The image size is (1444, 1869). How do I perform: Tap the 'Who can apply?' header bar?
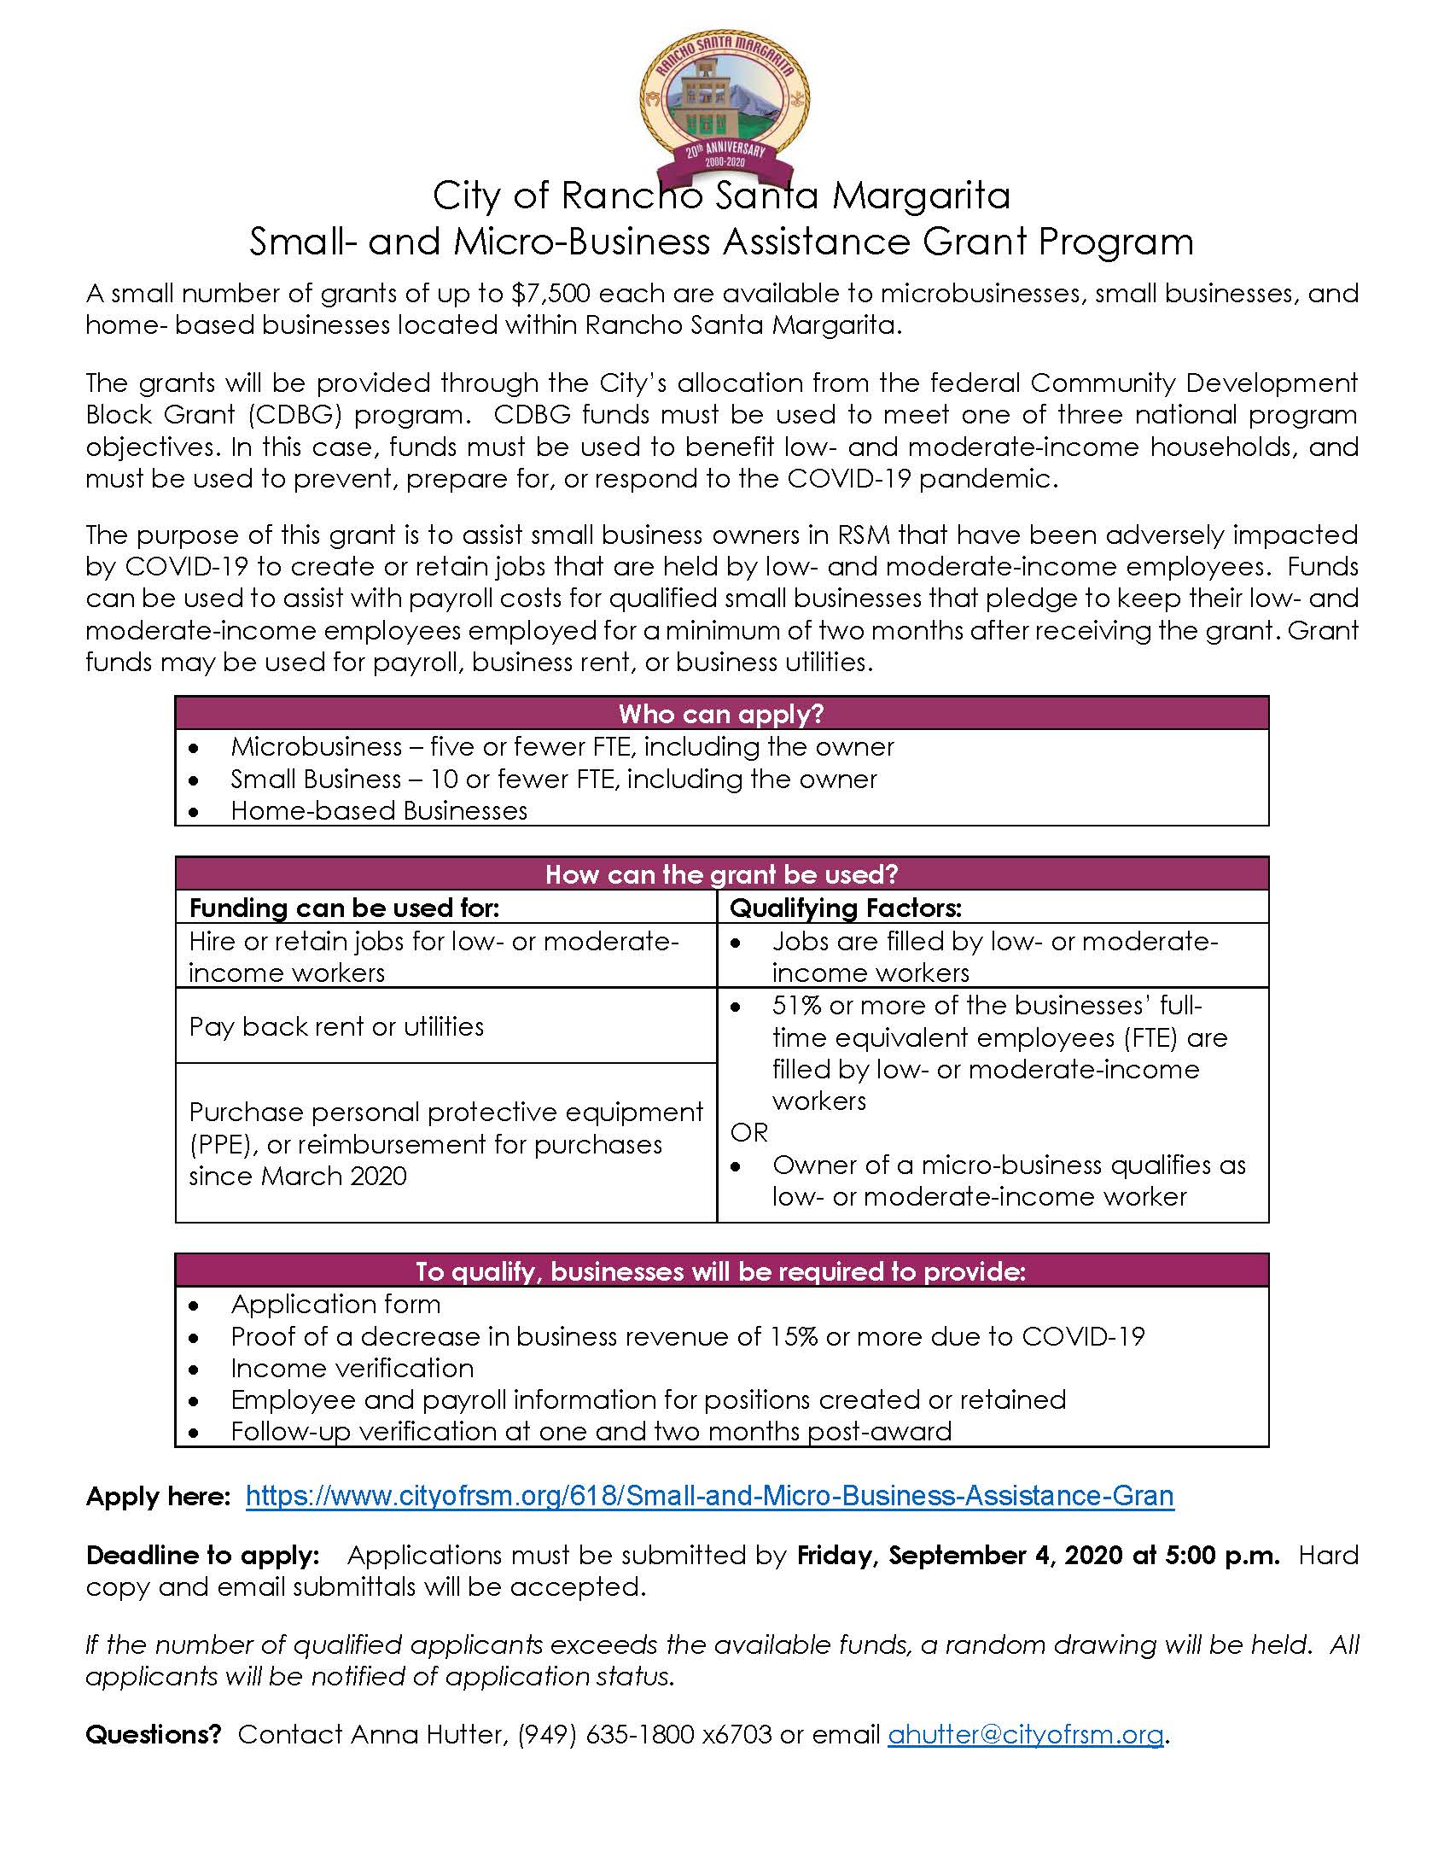pyautogui.click(x=721, y=713)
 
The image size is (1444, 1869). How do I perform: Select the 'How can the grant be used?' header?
pyautogui.click(x=721, y=873)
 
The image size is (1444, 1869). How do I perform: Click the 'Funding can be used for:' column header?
pyautogui.click(x=344, y=907)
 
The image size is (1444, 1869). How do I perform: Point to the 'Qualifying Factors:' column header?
pyautogui.click(x=845, y=907)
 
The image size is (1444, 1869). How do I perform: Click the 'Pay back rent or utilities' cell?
pyautogui.click(x=336, y=1026)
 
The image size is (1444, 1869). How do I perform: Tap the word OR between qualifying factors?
pyautogui.click(x=748, y=1132)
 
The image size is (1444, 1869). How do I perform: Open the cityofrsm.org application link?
pyautogui.click(x=709, y=1495)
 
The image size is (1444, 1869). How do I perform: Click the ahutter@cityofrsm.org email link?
pyautogui.click(x=1026, y=1734)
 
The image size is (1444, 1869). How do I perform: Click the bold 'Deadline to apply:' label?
pyautogui.click(x=203, y=1554)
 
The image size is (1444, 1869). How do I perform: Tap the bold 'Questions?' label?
pyautogui.click(x=153, y=1734)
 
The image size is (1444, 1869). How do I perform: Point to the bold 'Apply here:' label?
pyautogui.click(x=158, y=1496)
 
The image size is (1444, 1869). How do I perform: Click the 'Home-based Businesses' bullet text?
pyautogui.click(x=379, y=810)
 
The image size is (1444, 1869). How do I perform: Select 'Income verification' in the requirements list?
pyautogui.click(x=352, y=1368)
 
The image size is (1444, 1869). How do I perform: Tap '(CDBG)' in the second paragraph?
pyautogui.click(x=296, y=414)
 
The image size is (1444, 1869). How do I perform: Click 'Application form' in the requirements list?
pyautogui.click(x=335, y=1303)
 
